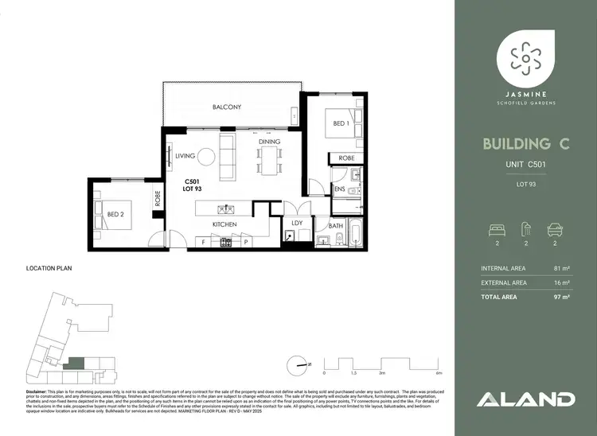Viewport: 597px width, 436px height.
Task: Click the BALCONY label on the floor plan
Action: (227, 107)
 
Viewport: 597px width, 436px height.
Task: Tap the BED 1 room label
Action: (339, 124)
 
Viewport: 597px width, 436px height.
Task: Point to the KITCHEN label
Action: (225, 225)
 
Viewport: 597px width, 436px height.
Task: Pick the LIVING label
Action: (185, 156)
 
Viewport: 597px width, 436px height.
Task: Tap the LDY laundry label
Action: (297, 224)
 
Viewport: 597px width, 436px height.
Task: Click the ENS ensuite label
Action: (339, 189)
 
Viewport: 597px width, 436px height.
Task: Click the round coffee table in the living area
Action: (206, 157)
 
